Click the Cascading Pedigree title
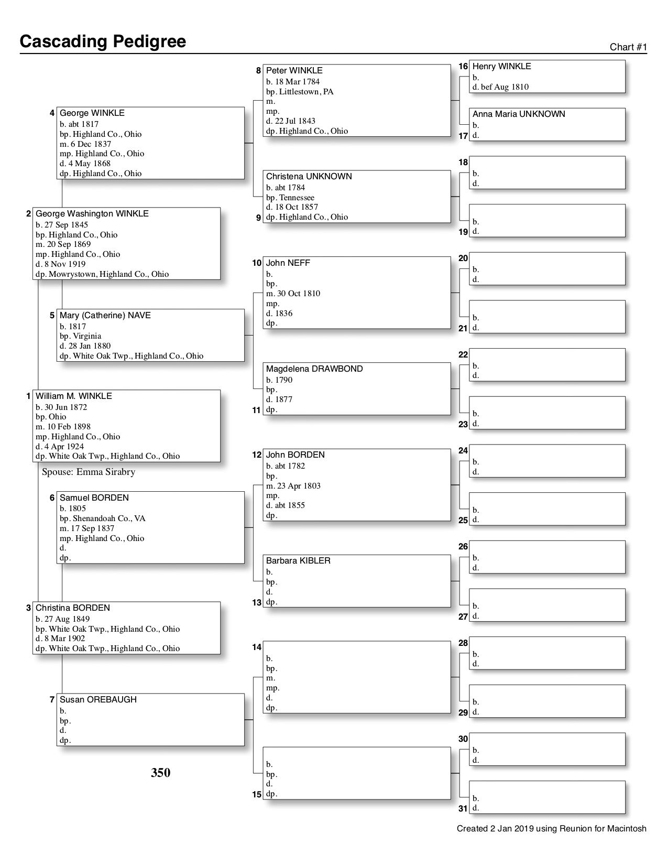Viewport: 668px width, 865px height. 103,41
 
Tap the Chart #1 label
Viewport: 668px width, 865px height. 628,47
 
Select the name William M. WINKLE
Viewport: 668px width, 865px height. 74,396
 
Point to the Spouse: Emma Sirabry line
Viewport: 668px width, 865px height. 89,472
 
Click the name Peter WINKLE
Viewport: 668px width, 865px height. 294,71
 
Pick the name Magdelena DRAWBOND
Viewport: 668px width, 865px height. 314,369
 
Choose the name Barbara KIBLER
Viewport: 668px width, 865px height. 298,561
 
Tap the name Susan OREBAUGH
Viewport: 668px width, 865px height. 98,700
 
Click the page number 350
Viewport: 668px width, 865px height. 161,773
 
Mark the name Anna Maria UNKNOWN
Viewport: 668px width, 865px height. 519,114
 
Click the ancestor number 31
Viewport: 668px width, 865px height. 463,808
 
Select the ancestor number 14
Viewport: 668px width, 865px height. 256,647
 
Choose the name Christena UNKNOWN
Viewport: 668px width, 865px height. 309,177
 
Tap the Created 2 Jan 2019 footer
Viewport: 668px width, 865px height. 551,829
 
